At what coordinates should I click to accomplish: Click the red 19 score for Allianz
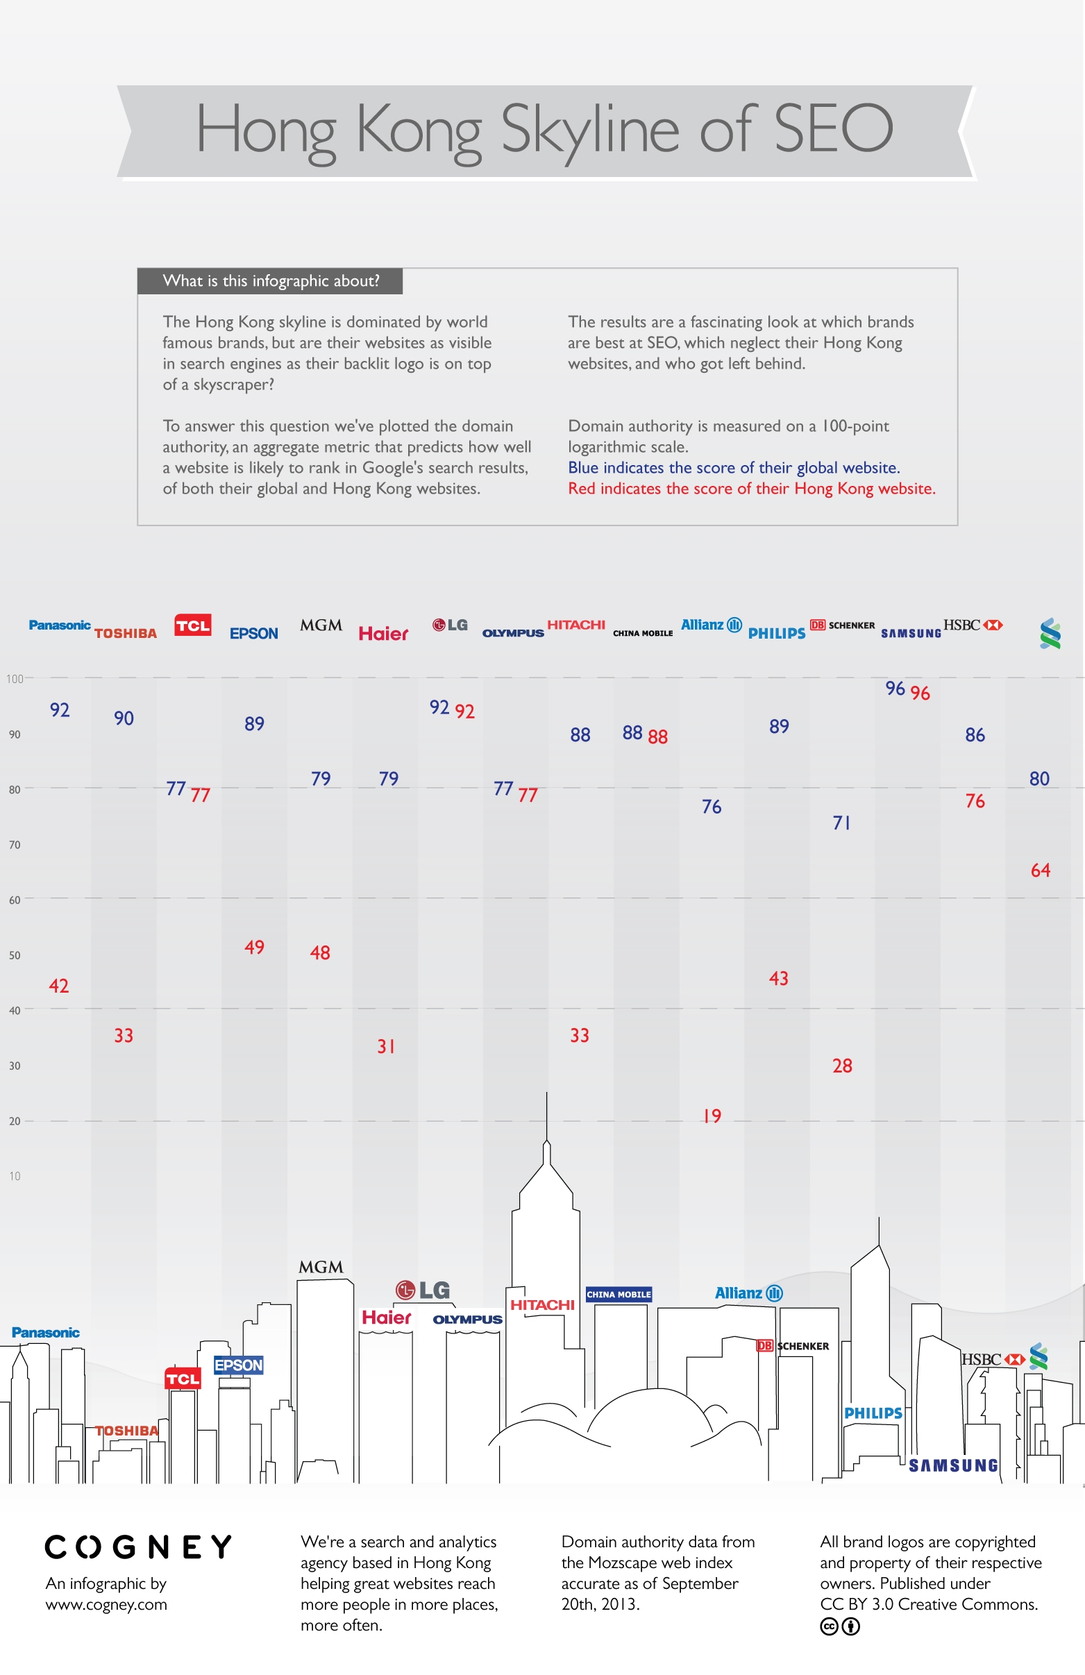tap(712, 1116)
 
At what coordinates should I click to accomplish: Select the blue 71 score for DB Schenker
tap(841, 823)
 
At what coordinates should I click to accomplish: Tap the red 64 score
tap(1040, 870)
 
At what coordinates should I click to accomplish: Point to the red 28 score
tap(842, 1066)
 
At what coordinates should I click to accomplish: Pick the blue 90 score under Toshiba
tap(124, 718)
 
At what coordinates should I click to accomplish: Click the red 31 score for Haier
tap(385, 1047)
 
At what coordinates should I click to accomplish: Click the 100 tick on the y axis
tap(15, 678)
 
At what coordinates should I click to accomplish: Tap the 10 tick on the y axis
tap(15, 1176)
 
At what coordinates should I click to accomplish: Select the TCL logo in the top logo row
tap(193, 625)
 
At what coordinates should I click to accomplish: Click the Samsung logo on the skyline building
tap(953, 1465)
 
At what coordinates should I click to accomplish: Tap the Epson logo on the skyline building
tap(239, 1365)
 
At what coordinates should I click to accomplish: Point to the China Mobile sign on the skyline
tap(619, 1294)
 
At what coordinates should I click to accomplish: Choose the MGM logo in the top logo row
tap(321, 625)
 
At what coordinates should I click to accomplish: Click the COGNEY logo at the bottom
tap(138, 1547)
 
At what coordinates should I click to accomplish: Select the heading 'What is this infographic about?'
tap(271, 281)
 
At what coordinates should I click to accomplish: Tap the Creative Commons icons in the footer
tap(840, 1626)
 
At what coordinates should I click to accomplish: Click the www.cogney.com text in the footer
tap(106, 1605)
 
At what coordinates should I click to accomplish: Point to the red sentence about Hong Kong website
tap(752, 489)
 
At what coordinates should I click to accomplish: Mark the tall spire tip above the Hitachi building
tap(547, 1093)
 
